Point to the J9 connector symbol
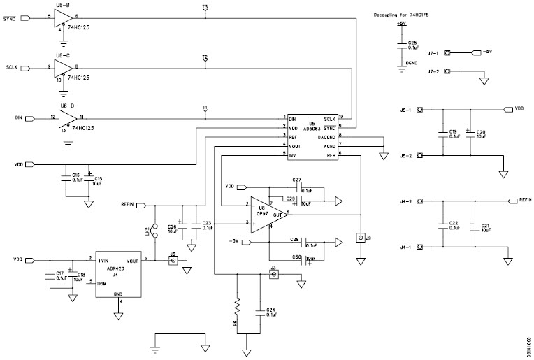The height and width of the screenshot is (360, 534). point(360,239)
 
